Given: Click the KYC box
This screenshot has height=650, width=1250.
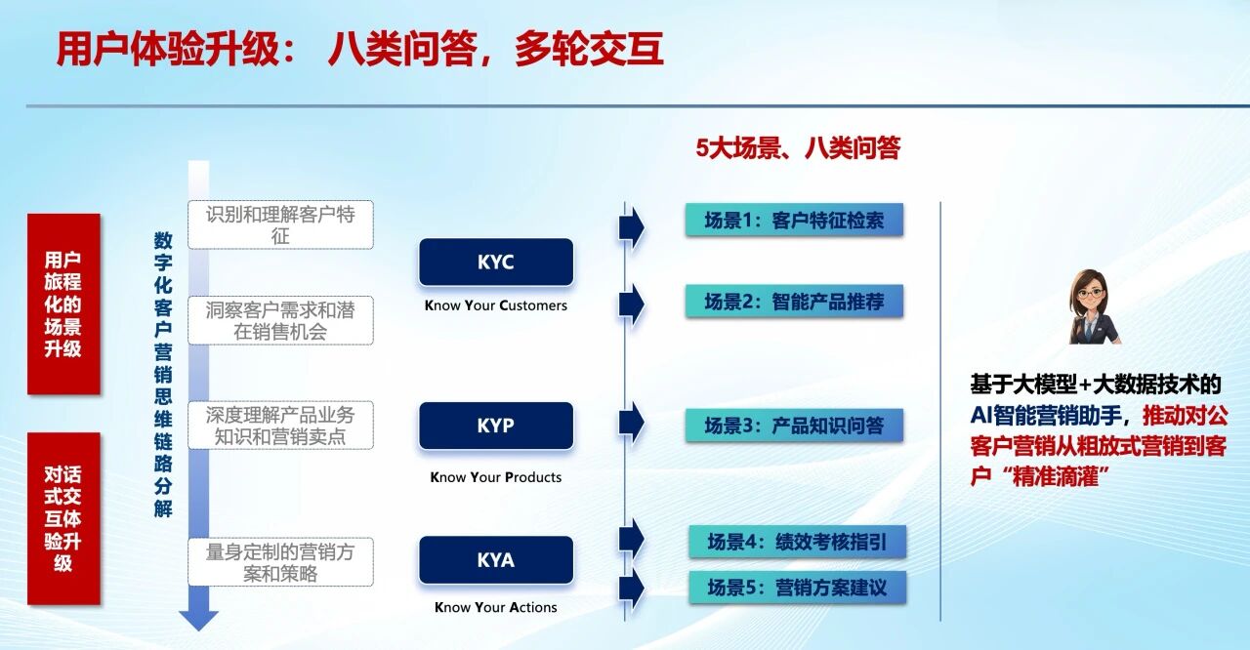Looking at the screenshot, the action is click(496, 262).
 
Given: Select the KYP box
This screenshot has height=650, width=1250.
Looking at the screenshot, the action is click(496, 426).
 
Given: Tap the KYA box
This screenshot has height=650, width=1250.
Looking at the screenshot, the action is click(496, 559).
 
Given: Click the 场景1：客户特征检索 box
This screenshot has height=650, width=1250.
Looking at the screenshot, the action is click(794, 221).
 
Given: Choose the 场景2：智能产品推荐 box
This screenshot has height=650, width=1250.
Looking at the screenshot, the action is click(794, 302).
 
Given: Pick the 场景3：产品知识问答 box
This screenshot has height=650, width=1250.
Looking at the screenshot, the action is click(794, 426).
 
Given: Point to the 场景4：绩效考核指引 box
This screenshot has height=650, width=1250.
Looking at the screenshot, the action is click(798, 542).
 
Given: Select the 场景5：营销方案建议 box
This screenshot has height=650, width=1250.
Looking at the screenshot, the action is click(798, 587).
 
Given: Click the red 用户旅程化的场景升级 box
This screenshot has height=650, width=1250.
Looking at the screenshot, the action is click(63, 304).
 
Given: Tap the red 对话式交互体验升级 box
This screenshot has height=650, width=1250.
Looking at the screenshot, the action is click(63, 518).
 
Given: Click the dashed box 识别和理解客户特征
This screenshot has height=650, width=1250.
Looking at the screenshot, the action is click(280, 224).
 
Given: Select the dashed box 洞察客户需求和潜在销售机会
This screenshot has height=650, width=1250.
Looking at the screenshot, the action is click(280, 320).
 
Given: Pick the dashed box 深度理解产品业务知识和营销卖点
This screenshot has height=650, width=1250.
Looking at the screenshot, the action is click(280, 426).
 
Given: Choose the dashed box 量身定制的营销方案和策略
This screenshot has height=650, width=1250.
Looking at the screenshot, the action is click(280, 562).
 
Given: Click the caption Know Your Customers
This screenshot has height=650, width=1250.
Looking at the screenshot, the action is click(496, 305).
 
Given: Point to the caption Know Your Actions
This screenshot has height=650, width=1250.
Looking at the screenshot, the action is click(496, 607).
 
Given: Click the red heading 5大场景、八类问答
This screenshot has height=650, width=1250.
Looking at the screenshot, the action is click(798, 148).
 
